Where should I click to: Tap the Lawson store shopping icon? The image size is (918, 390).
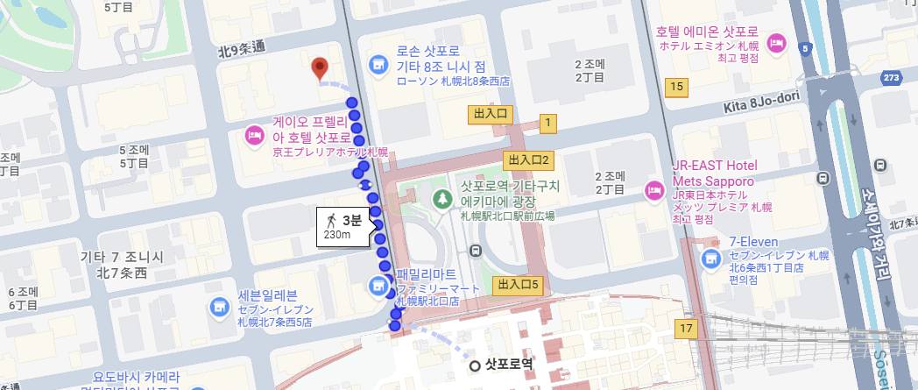(x=378, y=64)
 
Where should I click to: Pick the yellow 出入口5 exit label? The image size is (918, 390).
(x=519, y=284)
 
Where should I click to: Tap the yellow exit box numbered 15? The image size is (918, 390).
(x=674, y=86)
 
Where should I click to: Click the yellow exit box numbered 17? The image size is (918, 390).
(x=686, y=329)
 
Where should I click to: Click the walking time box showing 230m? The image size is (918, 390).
(x=342, y=227)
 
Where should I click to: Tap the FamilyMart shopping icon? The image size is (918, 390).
(x=378, y=285)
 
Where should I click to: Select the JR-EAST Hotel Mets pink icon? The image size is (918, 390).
(x=653, y=190)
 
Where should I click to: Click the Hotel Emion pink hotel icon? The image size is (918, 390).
(x=776, y=42)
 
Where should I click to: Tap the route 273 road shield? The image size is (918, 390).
(x=893, y=78)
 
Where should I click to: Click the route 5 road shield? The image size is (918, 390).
(x=806, y=50)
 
